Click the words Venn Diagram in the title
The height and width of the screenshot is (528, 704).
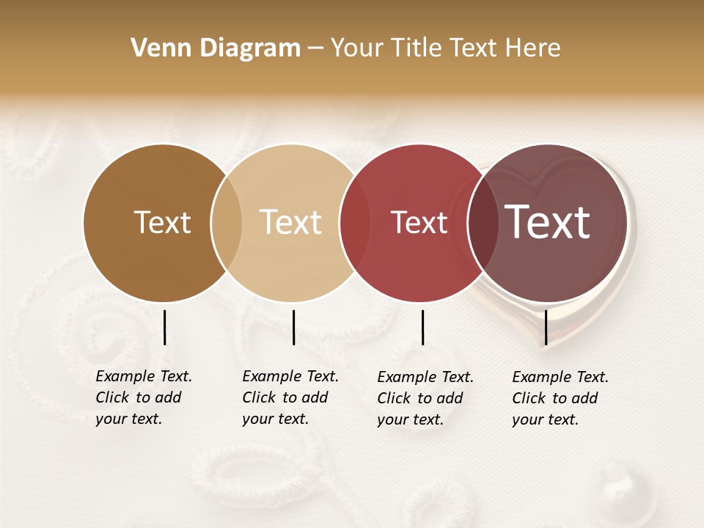(x=216, y=48)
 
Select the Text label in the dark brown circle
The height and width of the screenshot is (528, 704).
(x=162, y=222)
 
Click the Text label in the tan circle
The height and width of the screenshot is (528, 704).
(x=291, y=222)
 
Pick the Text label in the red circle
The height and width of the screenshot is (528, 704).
(x=419, y=222)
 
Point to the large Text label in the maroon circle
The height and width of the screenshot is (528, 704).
(x=548, y=222)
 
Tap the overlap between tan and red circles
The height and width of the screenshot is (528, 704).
(x=355, y=222)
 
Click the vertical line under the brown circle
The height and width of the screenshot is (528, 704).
(x=164, y=327)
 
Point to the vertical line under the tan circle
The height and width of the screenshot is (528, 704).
(x=293, y=327)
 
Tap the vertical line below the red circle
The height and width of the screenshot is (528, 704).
(x=422, y=327)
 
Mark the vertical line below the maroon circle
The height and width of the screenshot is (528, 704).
(x=546, y=327)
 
